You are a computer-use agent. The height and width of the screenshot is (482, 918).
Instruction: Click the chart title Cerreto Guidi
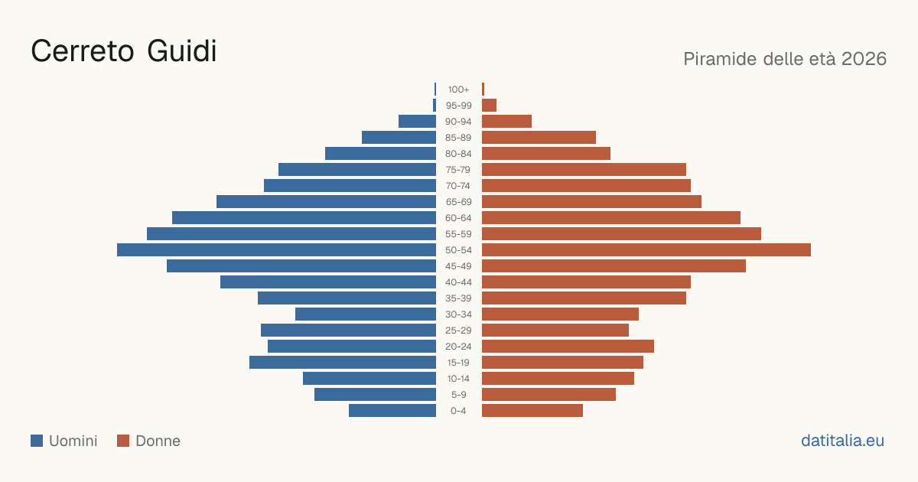(x=124, y=51)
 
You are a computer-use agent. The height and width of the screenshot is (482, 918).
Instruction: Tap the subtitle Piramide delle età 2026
(x=785, y=59)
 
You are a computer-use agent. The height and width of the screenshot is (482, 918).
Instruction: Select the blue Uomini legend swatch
(x=37, y=441)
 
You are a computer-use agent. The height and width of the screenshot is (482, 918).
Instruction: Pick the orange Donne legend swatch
(x=123, y=441)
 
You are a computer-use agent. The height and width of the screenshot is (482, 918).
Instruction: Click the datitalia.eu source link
(x=842, y=441)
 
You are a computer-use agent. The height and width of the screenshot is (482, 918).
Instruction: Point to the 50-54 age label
(x=458, y=250)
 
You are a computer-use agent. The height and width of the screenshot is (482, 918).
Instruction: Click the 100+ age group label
(x=458, y=90)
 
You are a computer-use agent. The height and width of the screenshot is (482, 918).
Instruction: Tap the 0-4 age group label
(x=458, y=411)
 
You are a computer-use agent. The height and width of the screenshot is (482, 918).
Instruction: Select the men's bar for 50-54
(x=277, y=250)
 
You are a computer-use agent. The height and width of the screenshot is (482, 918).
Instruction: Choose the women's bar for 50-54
(x=646, y=250)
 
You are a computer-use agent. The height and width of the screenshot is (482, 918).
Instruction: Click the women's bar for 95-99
(x=490, y=106)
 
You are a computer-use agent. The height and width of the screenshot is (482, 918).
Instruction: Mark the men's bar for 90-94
(x=417, y=122)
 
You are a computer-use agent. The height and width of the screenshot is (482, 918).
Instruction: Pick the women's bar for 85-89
(x=539, y=137)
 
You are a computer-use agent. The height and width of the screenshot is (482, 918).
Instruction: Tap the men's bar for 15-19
(x=343, y=363)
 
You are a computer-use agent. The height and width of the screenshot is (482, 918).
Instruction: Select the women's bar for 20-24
(x=568, y=347)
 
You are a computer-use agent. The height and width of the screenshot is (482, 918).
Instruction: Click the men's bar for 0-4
(x=392, y=411)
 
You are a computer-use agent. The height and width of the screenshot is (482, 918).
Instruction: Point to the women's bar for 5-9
(x=549, y=395)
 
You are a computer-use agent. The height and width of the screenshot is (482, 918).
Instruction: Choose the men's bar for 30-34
(x=366, y=314)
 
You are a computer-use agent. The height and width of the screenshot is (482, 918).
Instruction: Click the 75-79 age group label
(x=458, y=170)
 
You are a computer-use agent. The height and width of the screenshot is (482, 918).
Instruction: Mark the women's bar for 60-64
(x=611, y=217)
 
